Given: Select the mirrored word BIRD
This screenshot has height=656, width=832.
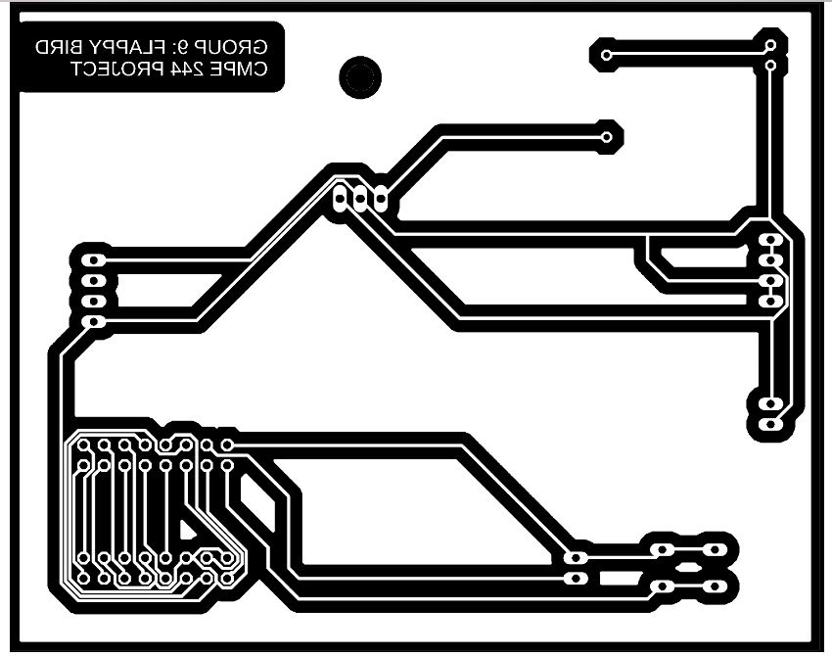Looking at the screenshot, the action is (59, 48).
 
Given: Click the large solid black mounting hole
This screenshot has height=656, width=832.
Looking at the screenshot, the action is (360, 77).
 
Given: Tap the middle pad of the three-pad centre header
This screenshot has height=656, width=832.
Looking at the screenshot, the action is (360, 199).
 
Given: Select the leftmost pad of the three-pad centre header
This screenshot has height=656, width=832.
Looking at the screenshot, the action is (340, 199).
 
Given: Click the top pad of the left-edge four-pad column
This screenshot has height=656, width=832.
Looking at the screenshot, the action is (94, 260).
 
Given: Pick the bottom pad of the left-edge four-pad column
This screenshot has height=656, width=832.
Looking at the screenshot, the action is (94, 321).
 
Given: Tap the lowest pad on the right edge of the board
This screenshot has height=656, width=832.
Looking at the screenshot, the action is (770, 424).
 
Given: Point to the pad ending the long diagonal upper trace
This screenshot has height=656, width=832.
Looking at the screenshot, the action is (607, 137).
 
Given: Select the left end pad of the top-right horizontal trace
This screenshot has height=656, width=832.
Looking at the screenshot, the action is (607, 55).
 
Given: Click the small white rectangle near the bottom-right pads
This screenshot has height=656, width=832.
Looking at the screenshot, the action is (620, 578).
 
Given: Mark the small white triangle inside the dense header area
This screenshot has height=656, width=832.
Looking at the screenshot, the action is (186, 530).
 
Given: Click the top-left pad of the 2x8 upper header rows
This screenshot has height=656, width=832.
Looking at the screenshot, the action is (83, 445).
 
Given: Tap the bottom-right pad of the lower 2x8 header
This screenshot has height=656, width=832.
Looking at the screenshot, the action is (227, 578).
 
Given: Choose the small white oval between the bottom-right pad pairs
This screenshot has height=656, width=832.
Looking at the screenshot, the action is (689, 567).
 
